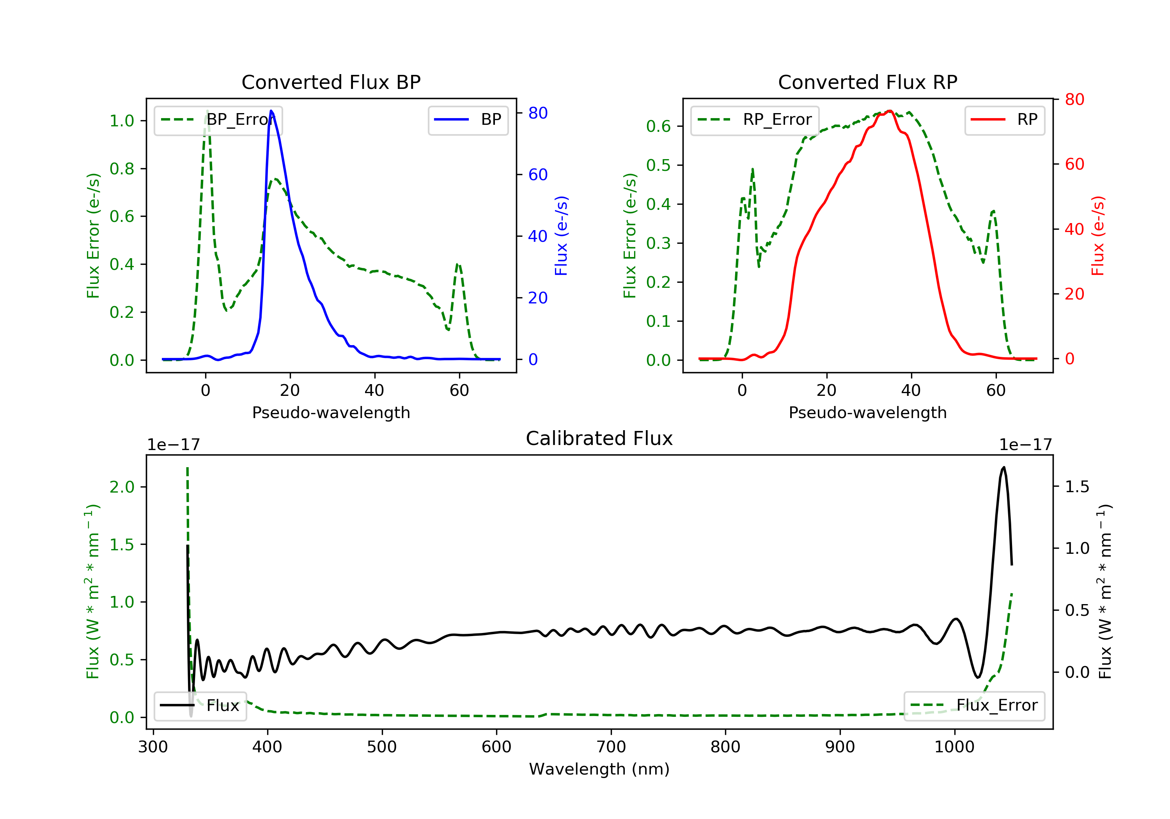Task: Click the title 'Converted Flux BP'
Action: click(x=331, y=82)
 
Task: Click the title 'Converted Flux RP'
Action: click(x=867, y=82)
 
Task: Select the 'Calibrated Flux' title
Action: click(x=599, y=438)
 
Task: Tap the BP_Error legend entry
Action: click(x=218, y=120)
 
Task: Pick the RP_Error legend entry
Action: click(x=755, y=120)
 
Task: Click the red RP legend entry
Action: click(x=1004, y=120)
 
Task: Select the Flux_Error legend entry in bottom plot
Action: click(x=974, y=706)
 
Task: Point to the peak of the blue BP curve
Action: click(x=271, y=111)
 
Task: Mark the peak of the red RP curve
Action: click(x=889, y=111)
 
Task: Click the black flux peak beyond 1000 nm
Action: click(x=1003, y=467)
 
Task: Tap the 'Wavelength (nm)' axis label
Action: click(x=599, y=769)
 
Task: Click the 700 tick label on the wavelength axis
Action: click(x=611, y=747)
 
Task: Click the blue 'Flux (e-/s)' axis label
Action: click(x=561, y=236)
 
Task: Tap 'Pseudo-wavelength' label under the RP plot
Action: click(x=867, y=412)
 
